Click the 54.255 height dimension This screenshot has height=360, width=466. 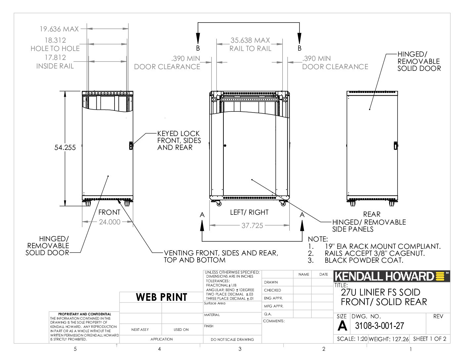tap(65, 148)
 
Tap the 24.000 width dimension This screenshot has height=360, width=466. tap(110, 222)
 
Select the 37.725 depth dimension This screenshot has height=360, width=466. tap(252, 226)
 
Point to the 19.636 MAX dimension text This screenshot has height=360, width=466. tap(59, 29)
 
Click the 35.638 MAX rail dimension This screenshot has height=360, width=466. tap(250, 40)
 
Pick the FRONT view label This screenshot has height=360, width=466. tap(109, 212)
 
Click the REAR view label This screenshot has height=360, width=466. tap(372, 214)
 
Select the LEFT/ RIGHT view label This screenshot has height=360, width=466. tap(249, 212)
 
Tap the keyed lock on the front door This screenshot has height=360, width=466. tap(131, 146)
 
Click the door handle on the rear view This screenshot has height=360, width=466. tap(396, 146)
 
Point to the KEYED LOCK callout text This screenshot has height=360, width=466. tap(179, 141)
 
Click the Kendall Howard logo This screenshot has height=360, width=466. tap(392, 276)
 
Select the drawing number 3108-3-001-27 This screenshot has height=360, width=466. tap(380, 326)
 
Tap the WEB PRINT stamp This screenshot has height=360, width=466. tap(162, 297)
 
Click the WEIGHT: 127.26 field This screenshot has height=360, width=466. tap(389, 339)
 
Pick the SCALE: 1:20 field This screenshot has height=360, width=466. tap(352, 339)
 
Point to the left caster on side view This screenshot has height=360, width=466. tap(218, 203)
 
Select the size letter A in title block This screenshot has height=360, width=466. tap(342, 326)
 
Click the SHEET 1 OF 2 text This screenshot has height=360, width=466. tap(430, 339)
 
